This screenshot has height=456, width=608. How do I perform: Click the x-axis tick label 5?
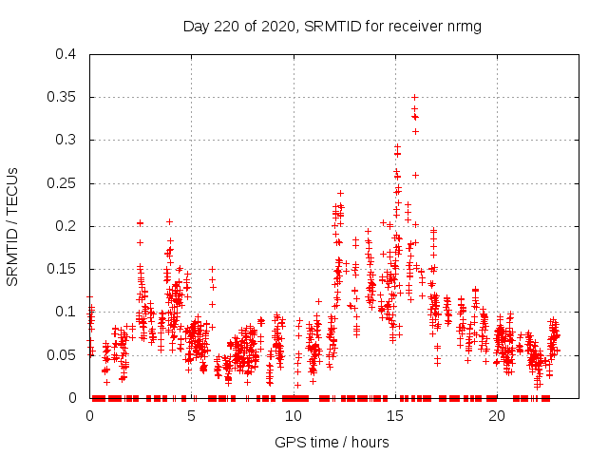tap(192, 415)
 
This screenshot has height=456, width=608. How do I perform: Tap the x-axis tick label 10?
tap(294, 415)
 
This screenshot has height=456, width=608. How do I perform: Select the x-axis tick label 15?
tap(395, 415)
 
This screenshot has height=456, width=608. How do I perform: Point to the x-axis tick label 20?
tap(497, 415)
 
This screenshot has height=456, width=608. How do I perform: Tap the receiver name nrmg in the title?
tap(465, 27)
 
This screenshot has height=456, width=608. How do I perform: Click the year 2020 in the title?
tap(275, 27)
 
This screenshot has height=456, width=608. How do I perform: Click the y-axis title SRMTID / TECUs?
tap(13, 226)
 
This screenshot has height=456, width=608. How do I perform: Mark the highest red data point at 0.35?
tap(414, 97)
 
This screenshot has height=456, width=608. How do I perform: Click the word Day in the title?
tap(196, 27)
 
